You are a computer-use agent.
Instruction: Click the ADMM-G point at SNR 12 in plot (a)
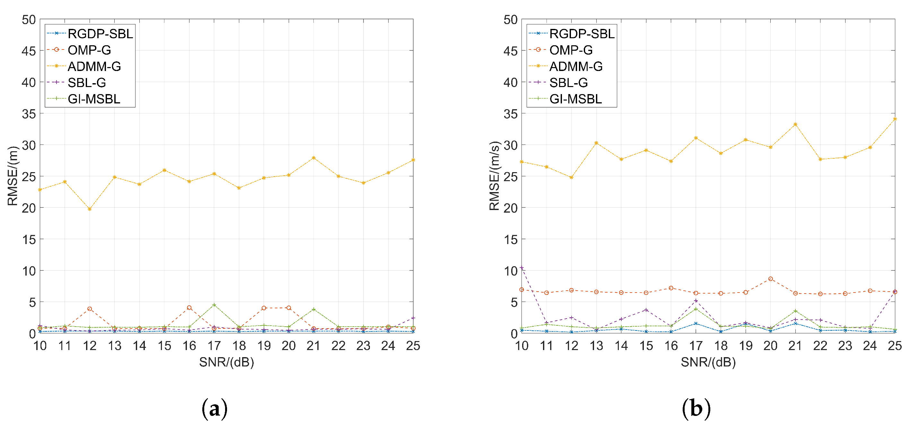pos(90,209)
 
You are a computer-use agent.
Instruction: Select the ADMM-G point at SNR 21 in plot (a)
pos(314,158)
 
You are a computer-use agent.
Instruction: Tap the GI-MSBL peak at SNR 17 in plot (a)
pos(214,305)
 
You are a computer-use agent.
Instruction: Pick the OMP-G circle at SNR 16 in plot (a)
pos(189,308)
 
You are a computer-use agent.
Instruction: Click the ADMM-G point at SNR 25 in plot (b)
pos(895,119)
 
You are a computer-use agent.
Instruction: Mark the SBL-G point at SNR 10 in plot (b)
pos(521,268)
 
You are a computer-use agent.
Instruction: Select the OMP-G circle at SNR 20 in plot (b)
pos(770,279)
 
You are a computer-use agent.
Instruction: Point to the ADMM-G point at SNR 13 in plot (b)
pos(596,143)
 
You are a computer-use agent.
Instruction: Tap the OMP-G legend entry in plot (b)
pos(571,50)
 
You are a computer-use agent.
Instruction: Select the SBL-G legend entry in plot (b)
pos(568,83)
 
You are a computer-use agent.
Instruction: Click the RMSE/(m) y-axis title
pos(13,176)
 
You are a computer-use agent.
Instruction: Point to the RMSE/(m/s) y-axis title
pos(495,176)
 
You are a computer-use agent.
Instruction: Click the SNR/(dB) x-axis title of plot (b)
pos(708,362)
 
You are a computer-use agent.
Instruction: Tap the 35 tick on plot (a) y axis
pos(29,114)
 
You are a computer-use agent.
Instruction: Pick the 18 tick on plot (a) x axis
pos(239,346)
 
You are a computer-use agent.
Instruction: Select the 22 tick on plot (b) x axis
pos(820,346)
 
